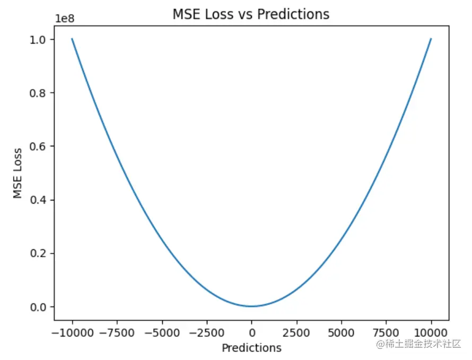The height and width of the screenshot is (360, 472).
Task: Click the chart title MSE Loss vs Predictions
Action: coord(251,14)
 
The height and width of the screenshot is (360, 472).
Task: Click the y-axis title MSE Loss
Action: coord(19,173)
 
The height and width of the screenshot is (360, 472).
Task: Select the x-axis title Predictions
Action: coord(251,348)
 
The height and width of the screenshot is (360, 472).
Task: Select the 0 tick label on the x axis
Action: coord(251,333)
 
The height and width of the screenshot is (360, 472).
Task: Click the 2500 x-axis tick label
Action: coord(296,333)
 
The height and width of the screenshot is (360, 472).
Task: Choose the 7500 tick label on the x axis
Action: coord(386,333)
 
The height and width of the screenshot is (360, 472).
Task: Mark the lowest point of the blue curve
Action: coord(251,306)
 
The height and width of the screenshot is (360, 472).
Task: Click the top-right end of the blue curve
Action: coord(431,39)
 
